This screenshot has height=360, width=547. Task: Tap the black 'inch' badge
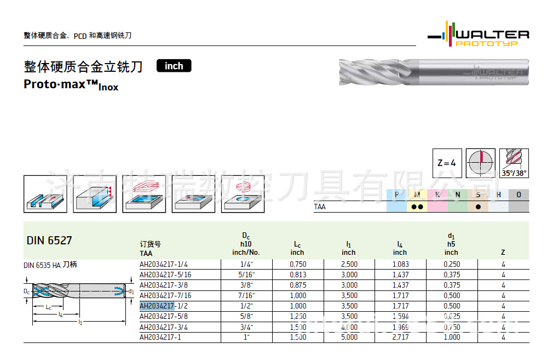coord(174,66)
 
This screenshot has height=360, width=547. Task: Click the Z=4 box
coord(447,163)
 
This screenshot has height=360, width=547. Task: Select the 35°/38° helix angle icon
coord(514,163)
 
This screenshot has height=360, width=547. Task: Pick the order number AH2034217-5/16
coord(165,275)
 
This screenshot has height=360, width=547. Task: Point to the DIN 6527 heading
coord(49,241)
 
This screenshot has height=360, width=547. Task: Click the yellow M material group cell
coord(417,195)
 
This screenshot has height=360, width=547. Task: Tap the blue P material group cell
coord(396,195)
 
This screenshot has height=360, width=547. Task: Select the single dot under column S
coord(478,207)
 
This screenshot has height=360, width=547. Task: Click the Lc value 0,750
coord(297,264)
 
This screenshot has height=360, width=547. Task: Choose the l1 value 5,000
coord(349,337)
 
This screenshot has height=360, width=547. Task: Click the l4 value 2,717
coord(400,337)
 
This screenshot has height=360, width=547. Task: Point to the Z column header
coord(503,253)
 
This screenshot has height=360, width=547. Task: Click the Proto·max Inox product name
coord(71,85)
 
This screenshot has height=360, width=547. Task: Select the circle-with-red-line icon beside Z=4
coord(482,163)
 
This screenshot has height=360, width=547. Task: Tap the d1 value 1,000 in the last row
coord(451,337)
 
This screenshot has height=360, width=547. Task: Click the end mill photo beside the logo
coord(433,72)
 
